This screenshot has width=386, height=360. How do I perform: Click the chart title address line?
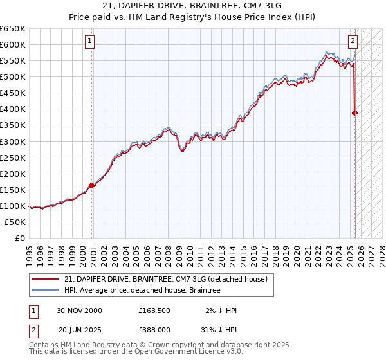tap(192, 7)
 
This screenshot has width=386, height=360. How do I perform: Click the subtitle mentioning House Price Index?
tap(192, 18)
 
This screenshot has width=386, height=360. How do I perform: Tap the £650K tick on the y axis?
tap(13, 29)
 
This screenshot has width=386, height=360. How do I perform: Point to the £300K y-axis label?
tap(13, 141)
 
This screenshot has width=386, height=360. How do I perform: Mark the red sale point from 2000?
tap(91, 185)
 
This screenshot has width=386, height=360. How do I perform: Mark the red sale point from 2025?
tap(354, 113)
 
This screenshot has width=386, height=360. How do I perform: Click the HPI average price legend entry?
tap(142, 291)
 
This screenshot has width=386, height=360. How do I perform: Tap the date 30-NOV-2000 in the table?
tap(79, 310)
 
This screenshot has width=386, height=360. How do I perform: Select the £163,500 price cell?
tap(154, 310)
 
